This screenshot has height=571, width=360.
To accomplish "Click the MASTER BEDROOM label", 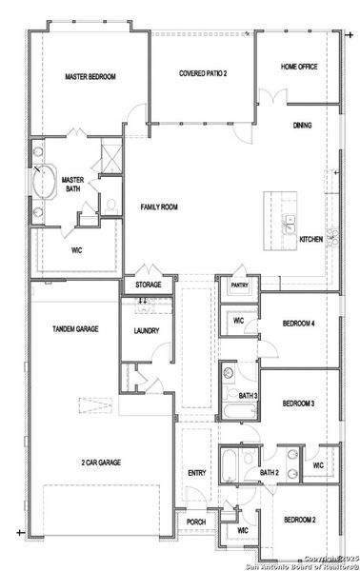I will (90, 76).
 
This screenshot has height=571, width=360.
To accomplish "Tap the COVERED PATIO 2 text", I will (203, 72).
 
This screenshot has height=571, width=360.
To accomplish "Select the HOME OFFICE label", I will (298, 67).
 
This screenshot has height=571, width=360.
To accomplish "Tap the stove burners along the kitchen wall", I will (331, 238).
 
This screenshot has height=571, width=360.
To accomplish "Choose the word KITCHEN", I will (311, 239).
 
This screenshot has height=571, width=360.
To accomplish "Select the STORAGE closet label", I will (148, 285).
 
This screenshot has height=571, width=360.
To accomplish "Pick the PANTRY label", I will (238, 285).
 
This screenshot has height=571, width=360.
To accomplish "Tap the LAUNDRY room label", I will (146, 331).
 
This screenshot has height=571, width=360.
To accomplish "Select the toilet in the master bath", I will (111, 204).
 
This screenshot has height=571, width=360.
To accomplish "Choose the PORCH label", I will (195, 522).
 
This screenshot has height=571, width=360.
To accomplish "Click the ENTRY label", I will (197, 473).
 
